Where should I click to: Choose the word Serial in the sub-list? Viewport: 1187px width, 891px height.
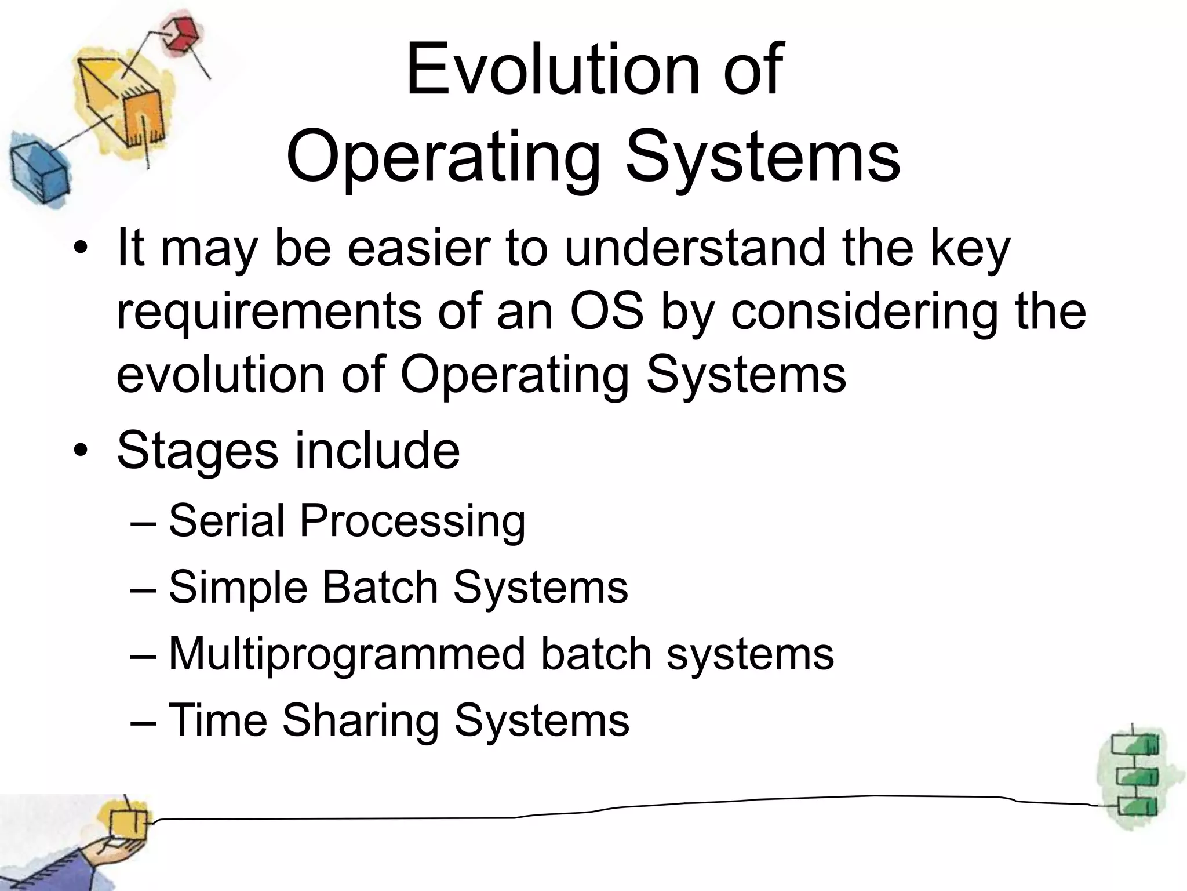(227, 520)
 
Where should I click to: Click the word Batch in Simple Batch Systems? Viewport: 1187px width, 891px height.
(380, 587)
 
